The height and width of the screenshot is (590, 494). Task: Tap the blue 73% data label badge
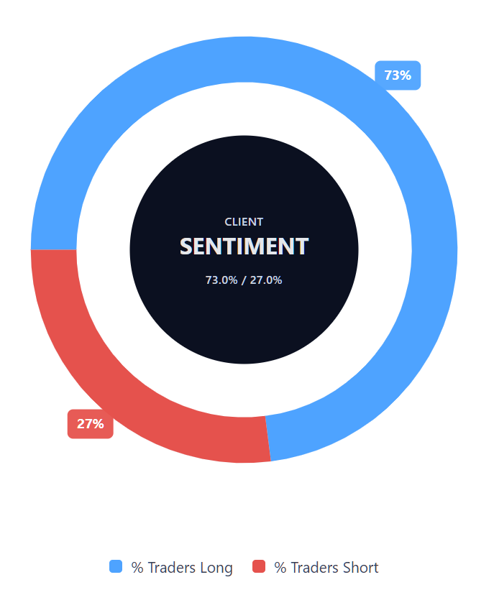tap(398, 75)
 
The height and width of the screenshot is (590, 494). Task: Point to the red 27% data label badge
tap(91, 423)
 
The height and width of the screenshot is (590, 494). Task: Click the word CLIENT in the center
tap(244, 222)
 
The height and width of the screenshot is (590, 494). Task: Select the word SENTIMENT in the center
tap(244, 246)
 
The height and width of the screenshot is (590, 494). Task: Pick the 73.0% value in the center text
tap(221, 280)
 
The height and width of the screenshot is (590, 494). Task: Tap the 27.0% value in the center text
tap(266, 280)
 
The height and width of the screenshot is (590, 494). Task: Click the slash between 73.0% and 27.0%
tap(244, 280)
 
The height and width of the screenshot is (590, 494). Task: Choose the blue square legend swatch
tap(116, 566)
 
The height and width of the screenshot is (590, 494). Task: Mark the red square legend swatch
tap(259, 566)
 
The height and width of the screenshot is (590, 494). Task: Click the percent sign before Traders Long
tap(137, 568)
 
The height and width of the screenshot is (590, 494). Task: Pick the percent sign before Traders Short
tap(280, 568)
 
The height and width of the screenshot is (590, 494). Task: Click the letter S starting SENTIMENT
tap(186, 246)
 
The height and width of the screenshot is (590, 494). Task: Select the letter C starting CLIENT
tap(228, 222)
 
